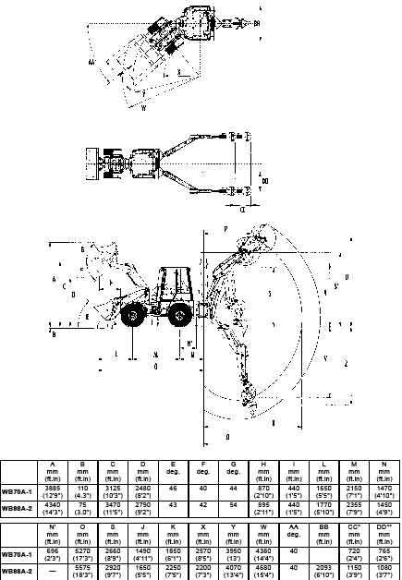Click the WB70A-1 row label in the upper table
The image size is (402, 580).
point(18,491)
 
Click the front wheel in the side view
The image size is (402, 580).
point(131,316)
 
